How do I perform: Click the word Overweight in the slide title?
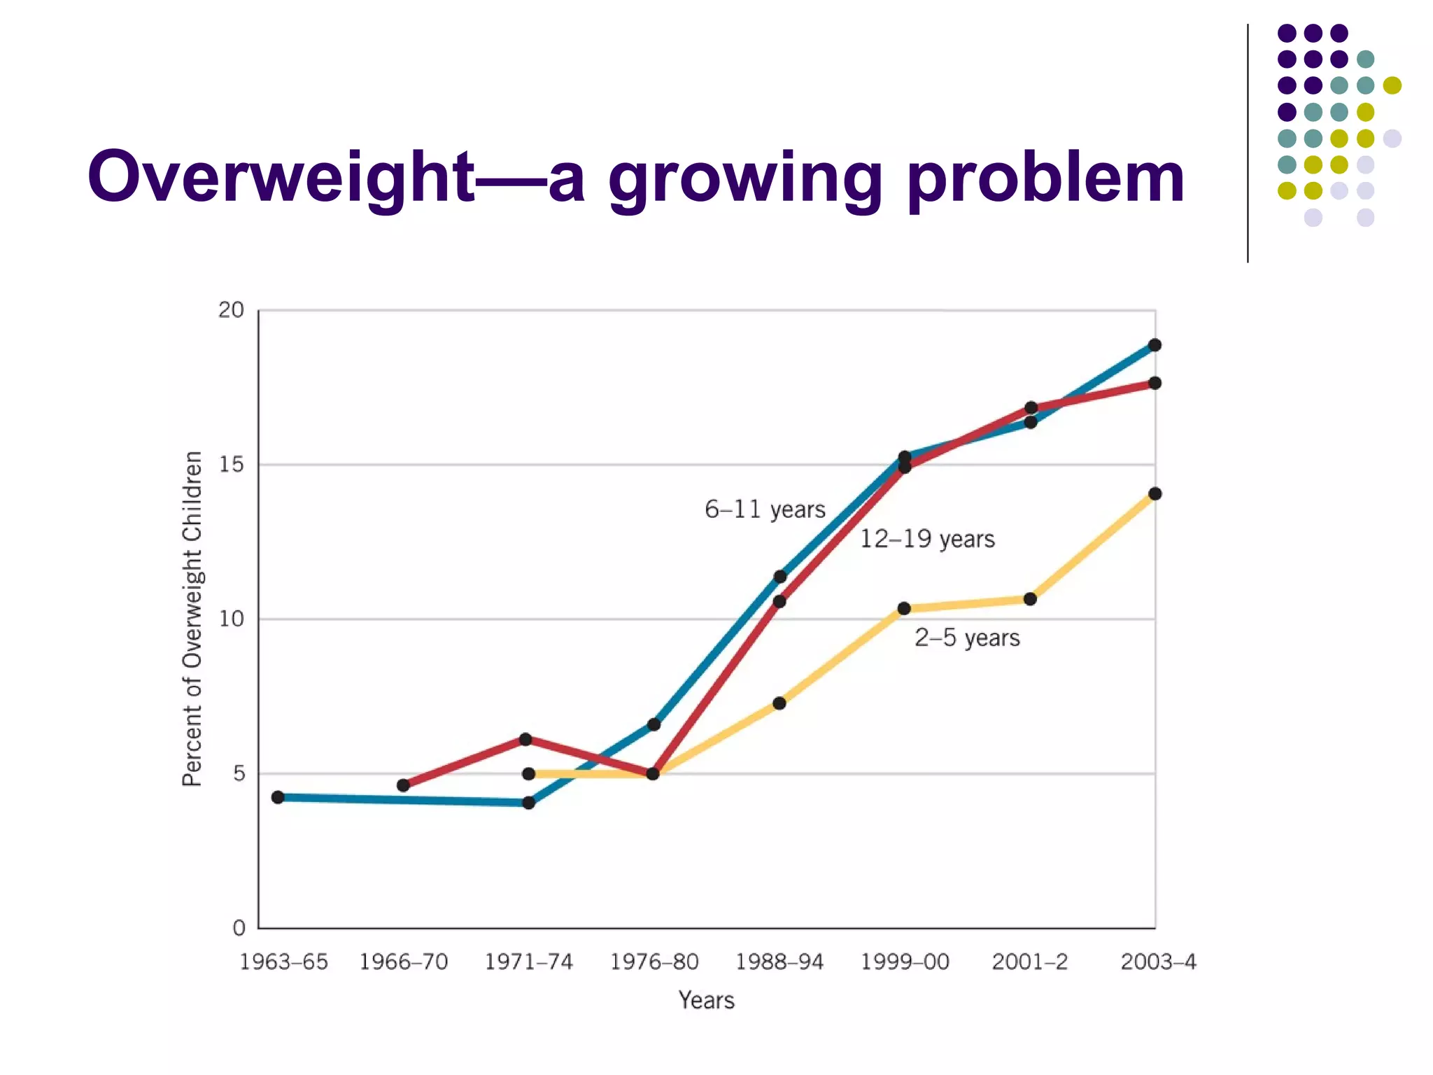280,178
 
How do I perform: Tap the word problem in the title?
1045,178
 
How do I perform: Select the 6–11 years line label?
765,510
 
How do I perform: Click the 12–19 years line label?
926,539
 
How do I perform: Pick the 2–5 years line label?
967,638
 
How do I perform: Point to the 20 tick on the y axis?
231,310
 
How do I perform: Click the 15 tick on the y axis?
231,465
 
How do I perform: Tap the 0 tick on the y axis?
239,928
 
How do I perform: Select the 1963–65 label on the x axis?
283,962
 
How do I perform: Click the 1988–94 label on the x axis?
779,962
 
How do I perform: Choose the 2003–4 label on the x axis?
1158,962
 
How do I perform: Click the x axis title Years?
706,1000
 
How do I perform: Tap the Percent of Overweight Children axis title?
192,619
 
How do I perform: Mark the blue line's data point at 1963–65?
278,797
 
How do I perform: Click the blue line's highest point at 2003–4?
1155,345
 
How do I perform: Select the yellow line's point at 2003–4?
1155,494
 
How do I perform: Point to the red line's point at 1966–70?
403,785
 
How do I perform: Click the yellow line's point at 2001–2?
1030,599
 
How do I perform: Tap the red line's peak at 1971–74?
525,739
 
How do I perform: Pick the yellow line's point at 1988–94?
779,703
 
